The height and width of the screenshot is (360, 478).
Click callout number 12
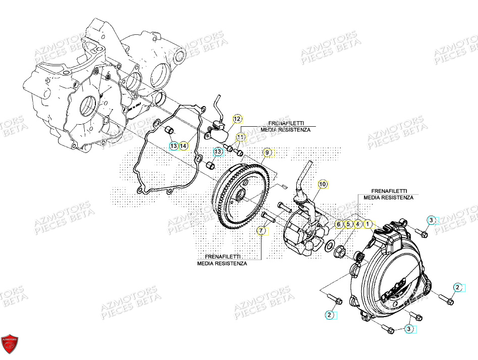237,119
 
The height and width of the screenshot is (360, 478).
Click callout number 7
261,231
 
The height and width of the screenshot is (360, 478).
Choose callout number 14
184,146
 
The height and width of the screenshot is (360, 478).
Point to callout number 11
241,137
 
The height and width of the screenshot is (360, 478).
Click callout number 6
339,224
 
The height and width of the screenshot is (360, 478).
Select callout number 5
348,224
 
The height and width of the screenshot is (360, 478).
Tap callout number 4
357,224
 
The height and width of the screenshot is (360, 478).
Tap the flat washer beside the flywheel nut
330,246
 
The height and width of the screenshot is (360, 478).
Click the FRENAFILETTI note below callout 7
222,260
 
